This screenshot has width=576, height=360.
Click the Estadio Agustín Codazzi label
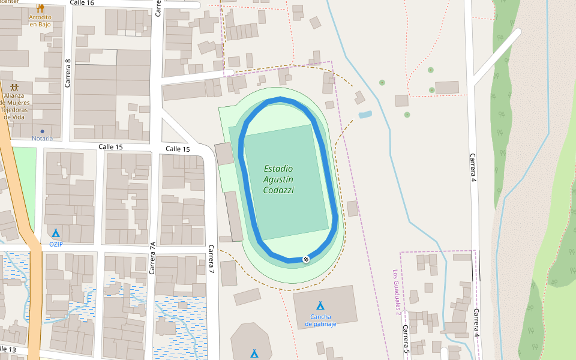[278, 179]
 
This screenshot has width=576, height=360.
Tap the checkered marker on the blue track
[306, 259]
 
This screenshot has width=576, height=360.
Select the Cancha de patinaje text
[320, 320]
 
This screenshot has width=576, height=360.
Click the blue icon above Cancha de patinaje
[320, 306]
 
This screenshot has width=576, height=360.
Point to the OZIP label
[56, 244]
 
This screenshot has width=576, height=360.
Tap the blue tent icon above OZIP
[56, 233]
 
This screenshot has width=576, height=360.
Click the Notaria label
[42, 139]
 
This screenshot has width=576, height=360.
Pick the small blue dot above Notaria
[42, 131]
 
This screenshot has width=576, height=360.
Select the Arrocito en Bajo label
[40, 21]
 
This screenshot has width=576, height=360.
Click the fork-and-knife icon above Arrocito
[40, 8]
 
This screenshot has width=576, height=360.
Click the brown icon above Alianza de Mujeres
[14, 87]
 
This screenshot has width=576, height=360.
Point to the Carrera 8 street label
[68, 73]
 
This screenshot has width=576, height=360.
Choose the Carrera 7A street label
[152, 258]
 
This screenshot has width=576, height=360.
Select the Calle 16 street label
[82, 3]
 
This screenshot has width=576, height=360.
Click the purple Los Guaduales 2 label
[397, 292]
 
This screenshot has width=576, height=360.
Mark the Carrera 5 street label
[406, 338]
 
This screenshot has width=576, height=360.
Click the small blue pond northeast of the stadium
[365, 114]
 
